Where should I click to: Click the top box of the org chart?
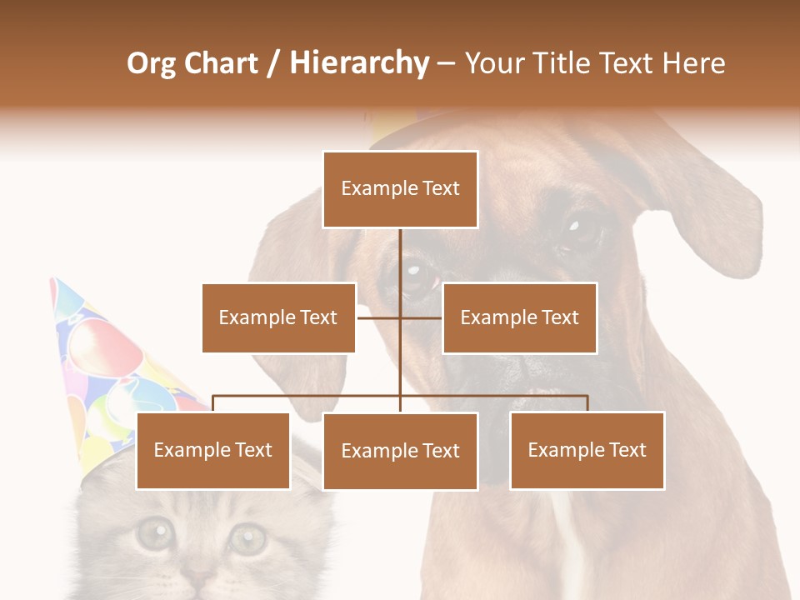coord(400,189)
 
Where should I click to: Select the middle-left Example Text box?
coord(278,317)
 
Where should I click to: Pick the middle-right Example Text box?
coord(519,317)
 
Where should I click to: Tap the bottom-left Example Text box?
coord(213,450)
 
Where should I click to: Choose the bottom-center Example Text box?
coord(400,451)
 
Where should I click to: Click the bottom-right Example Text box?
coord(587,450)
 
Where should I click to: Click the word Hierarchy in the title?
coord(359,63)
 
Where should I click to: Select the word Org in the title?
coord(151,63)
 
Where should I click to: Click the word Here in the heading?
coord(693,63)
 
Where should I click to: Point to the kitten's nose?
coord(200,575)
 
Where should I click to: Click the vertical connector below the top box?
coord(400,258)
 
